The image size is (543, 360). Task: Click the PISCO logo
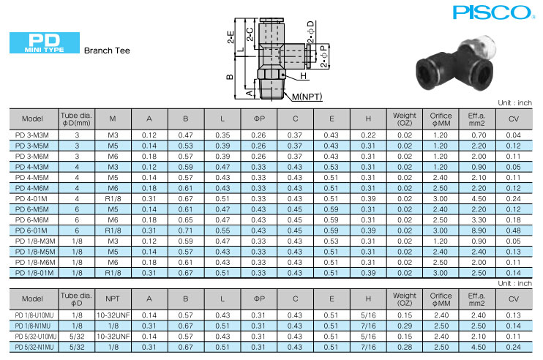[492, 12]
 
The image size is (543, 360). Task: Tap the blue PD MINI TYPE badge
[45, 42]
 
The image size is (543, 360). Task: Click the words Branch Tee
[107, 50]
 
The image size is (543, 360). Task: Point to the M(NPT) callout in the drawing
[307, 97]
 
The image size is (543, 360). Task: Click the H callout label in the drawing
[304, 76]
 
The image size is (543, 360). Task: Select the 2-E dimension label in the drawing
[231, 37]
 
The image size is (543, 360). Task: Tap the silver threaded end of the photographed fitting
[482, 46]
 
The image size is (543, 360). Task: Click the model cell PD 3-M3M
[32, 135]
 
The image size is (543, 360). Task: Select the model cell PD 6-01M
[31, 230]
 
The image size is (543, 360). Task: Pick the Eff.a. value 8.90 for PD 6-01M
[479, 230]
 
